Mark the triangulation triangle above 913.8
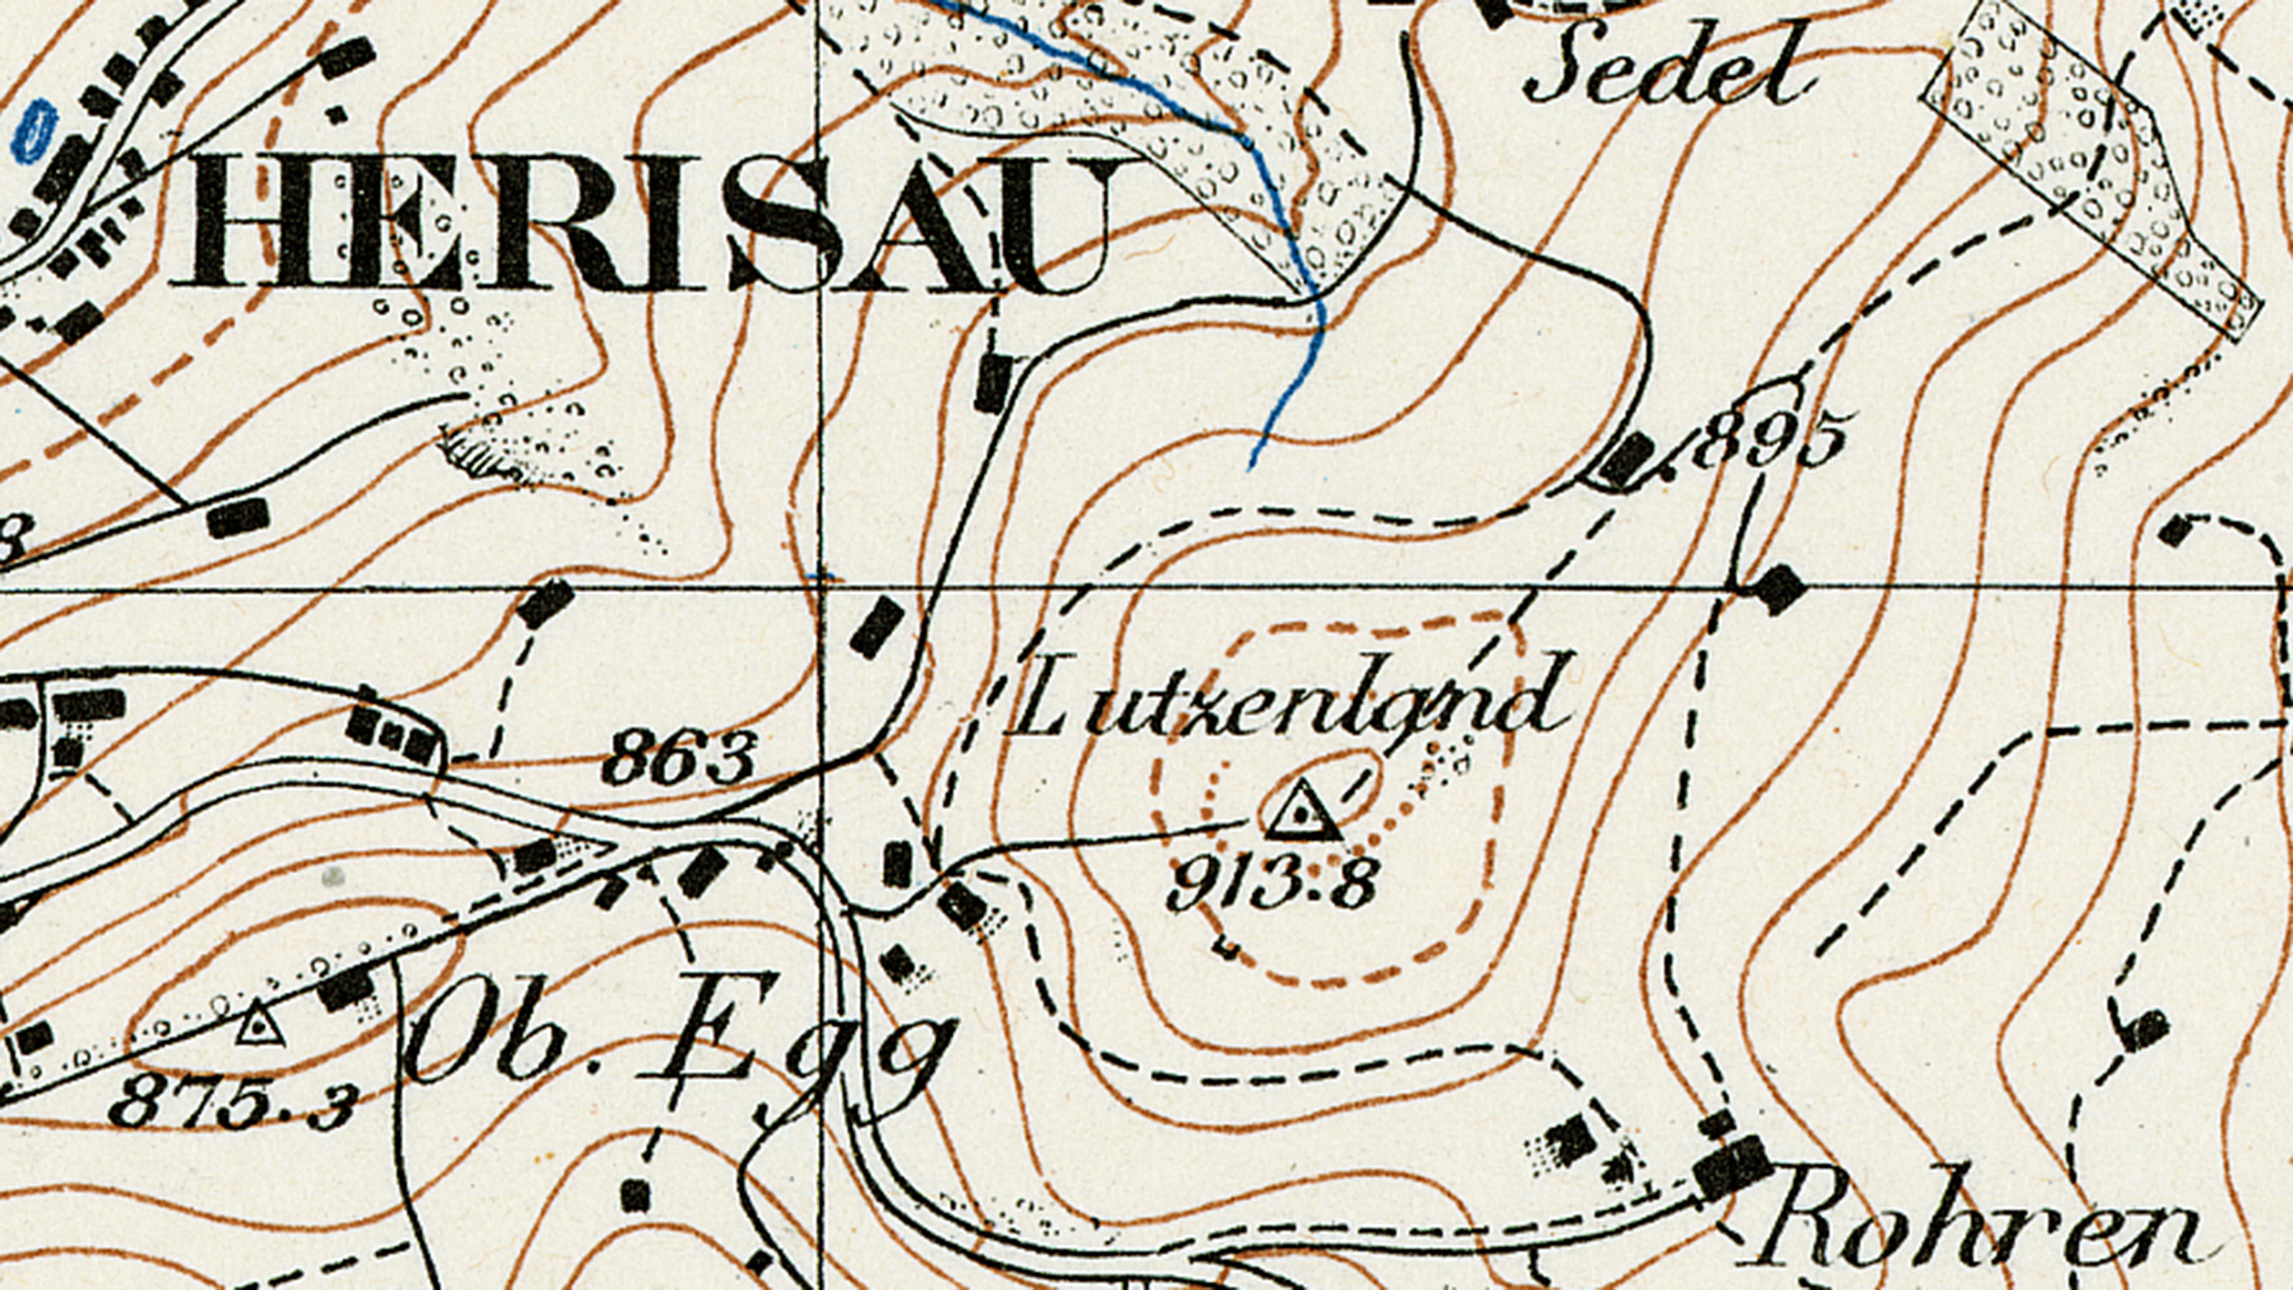[1302, 812]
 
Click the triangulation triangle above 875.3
[258, 1024]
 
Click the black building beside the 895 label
[1627, 460]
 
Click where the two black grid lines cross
[820, 588]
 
